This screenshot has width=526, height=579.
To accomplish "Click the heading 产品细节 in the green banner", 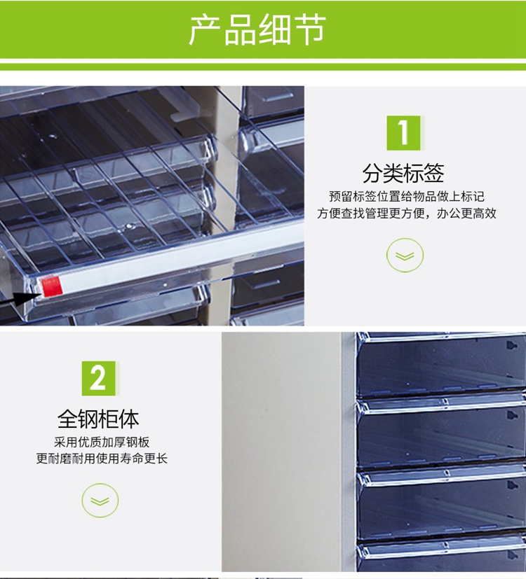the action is coord(257,30).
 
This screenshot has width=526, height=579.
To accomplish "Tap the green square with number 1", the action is coord(403,133).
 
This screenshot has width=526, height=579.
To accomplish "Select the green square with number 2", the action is coord(98,378).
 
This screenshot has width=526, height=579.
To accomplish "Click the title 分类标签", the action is coord(403,173).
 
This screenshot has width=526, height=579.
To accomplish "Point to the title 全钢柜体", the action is coord(98,419).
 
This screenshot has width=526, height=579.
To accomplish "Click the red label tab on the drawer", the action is coord(51,286).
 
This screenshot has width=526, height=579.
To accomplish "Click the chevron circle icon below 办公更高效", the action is coord(405,255).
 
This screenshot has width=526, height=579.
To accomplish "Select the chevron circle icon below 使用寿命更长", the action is coord(100,501).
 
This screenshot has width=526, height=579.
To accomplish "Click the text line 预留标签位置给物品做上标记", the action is coord(407,196).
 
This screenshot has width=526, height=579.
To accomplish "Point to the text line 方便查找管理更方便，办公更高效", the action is coord(407,213).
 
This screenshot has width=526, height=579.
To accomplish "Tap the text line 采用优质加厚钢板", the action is coord(102,442).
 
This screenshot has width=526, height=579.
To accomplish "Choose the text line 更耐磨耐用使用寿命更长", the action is coord(102,459).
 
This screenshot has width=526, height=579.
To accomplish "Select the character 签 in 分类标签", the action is coord(434,173).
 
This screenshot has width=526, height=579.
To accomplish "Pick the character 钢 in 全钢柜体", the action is coord(88,419).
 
